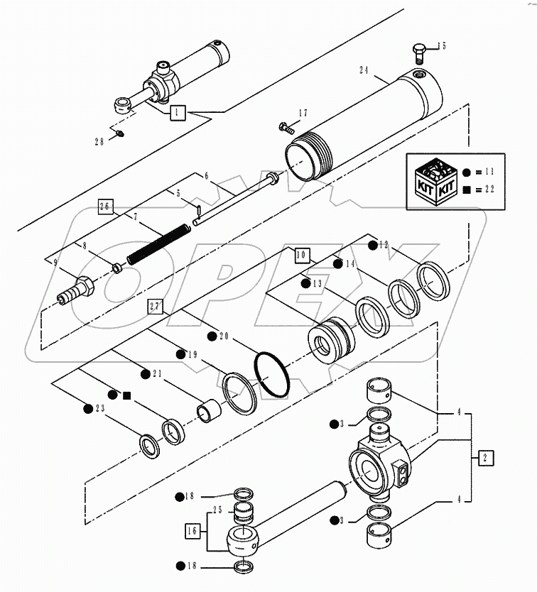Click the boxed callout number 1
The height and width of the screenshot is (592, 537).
pos(178,112)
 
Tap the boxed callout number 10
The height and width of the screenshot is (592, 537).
pos(301,253)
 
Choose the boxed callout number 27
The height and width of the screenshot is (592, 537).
pos(156,306)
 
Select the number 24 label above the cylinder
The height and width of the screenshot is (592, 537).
pos(365,71)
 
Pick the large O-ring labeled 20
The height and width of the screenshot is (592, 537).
pos(271,373)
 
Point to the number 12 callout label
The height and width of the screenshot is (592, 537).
pos(384,245)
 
